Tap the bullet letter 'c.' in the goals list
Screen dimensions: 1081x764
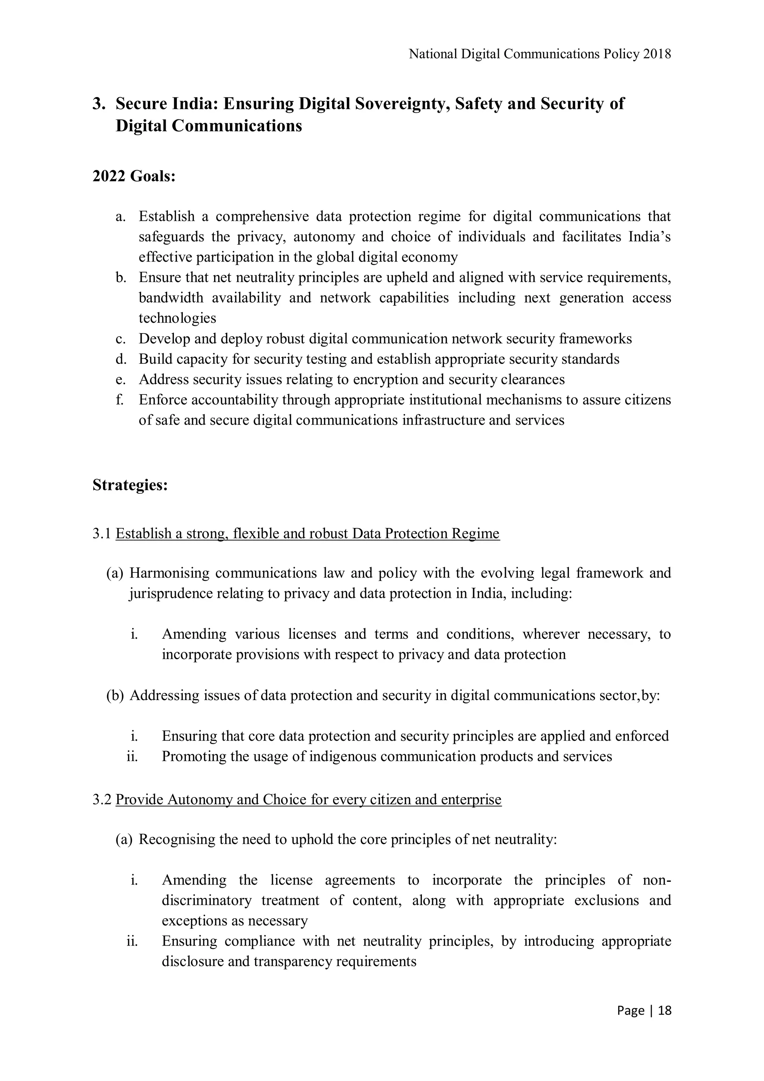pos(120,339)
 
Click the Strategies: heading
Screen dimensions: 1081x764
pos(130,485)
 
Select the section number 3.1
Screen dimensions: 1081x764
pos(102,534)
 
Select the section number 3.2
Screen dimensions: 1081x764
pos(102,799)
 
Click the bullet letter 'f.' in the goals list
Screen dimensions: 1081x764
pos(120,400)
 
